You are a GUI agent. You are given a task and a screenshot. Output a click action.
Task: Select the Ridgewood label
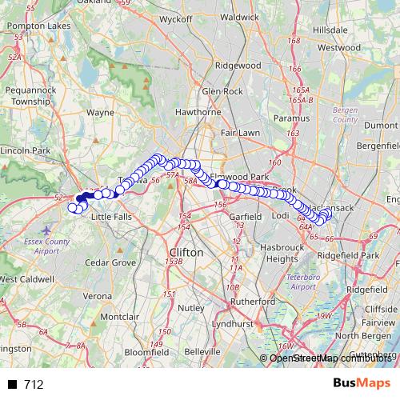coord(239,65)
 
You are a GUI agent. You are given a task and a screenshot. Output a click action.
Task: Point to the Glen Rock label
coord(222,92)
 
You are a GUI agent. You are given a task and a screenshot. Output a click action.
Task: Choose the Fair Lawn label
coord(239,133)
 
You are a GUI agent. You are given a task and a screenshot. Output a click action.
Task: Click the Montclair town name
coord(120,318)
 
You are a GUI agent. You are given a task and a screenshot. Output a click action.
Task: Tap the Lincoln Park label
coord(26,150)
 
